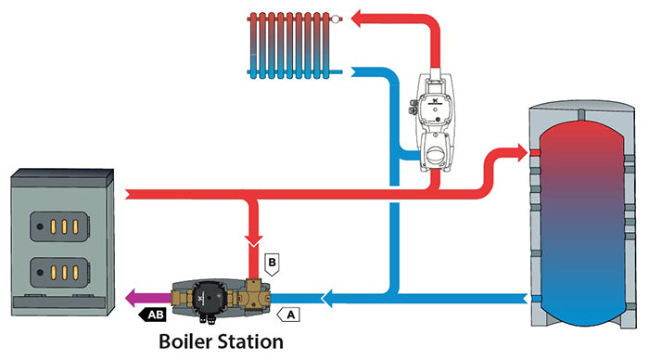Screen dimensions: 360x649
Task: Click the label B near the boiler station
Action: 272,263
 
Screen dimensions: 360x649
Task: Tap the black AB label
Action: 153,315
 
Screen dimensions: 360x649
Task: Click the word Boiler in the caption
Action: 190,341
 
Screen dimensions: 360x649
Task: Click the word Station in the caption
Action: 250,341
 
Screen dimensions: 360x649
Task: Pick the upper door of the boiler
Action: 57,225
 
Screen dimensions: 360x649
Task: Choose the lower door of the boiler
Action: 57,271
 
